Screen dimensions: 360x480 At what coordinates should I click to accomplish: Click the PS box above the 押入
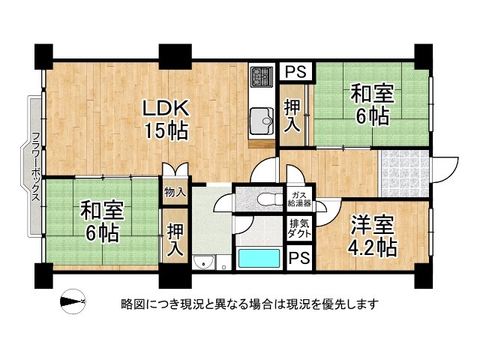[295, 73]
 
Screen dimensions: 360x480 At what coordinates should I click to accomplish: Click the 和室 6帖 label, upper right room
[370, 104]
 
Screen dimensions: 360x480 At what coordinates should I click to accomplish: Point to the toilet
[262, 198]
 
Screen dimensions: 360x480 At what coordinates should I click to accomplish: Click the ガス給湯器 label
[301, 199]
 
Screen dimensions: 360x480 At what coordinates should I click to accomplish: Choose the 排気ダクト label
[301, 229]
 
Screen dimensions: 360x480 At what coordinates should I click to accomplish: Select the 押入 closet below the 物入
[175, 238]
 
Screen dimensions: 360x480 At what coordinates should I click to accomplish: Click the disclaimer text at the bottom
[249, 304]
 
